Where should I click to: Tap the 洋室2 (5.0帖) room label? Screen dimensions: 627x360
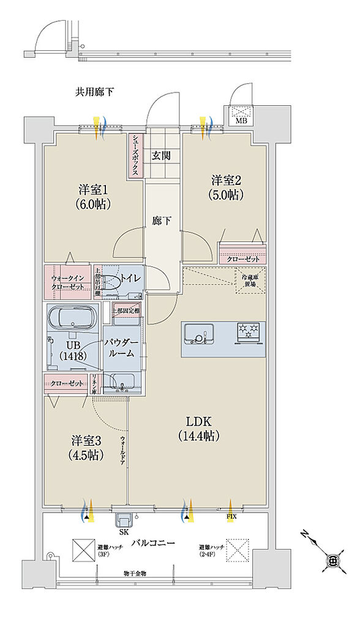(x=228, y=187)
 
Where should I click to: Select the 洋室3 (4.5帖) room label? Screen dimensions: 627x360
(x=85, y=448)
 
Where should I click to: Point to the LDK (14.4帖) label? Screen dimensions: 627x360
(x=199, y=429)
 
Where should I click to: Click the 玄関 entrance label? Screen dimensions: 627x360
(x=161, y=156)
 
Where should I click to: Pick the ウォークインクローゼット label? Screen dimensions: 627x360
(x=67, y=282)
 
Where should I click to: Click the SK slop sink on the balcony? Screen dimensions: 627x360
(x=124, y=520)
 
